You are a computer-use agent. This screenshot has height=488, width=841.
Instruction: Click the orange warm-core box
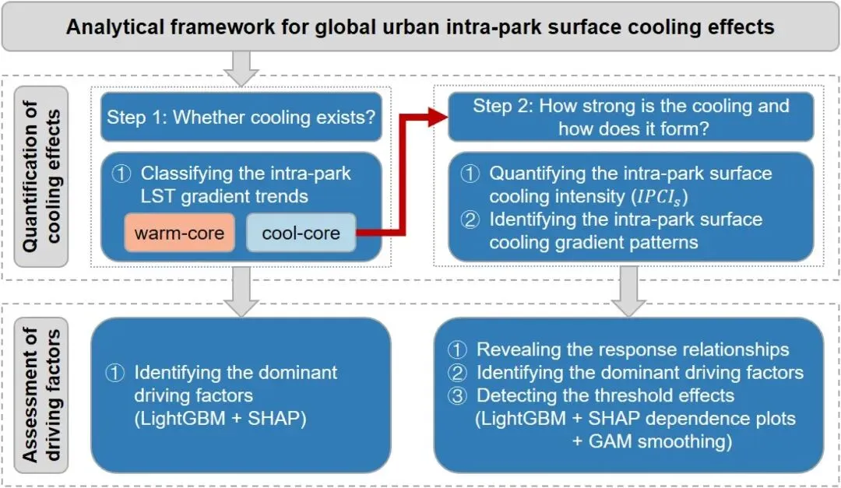[178, 233]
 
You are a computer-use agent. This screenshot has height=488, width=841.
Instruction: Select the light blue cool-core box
[301, 233]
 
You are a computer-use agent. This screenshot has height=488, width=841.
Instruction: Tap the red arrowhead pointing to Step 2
[441, 117]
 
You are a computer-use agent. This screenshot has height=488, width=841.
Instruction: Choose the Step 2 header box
[631, 117]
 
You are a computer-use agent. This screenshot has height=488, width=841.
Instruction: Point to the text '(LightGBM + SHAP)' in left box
[220, 419]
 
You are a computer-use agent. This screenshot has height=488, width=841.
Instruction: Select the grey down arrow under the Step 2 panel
[630, 290]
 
